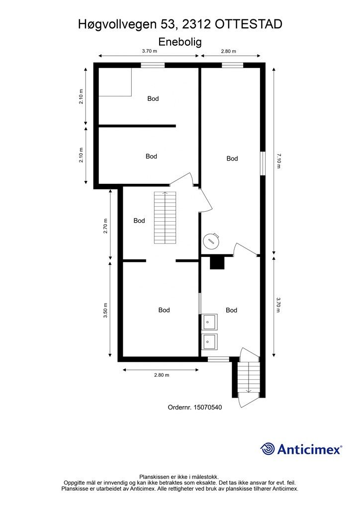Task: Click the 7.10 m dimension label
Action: [278, 161]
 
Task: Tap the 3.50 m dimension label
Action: [105, 310]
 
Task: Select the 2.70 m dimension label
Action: [105, 226]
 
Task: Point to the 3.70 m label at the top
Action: [149, 51]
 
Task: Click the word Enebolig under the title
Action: [180, 42]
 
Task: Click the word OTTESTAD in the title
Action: [249, 24]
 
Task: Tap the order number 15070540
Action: [208, 407]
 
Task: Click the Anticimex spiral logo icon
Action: [267, 449]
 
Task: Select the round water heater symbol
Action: [211, 241]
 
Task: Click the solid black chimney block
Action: [217, 263]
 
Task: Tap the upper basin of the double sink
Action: [209, 322]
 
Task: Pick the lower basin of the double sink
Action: [209, 341]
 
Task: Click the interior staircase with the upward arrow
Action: [165, 218]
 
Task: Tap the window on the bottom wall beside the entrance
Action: [218, 359]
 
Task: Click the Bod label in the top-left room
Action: [153, 98]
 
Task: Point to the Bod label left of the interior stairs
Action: [139, 221]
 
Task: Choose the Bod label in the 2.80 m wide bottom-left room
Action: [164, 310]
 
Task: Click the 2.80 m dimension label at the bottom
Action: [162, 375]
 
